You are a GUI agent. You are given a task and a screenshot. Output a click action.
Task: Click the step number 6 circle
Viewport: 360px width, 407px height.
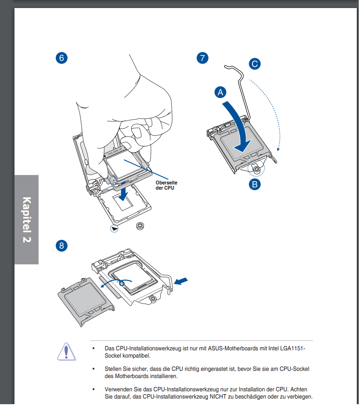61,58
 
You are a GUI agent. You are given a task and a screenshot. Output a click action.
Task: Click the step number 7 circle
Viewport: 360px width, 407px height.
202,58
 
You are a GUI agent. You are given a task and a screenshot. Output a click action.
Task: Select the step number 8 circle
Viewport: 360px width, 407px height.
61,245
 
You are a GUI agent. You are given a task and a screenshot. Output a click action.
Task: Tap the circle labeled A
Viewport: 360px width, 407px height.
220,92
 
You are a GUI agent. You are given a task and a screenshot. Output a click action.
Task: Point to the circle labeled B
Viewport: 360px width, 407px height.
255,184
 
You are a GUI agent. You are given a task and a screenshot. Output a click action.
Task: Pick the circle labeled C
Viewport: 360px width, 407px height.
255,63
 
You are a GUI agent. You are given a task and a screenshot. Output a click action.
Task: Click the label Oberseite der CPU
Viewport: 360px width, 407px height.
166,185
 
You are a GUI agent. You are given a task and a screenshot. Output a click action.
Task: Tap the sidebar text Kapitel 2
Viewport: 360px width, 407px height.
27,219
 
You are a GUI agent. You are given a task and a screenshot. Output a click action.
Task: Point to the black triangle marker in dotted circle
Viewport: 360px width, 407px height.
115,228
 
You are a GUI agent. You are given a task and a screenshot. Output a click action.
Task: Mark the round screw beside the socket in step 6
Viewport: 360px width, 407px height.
140,226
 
